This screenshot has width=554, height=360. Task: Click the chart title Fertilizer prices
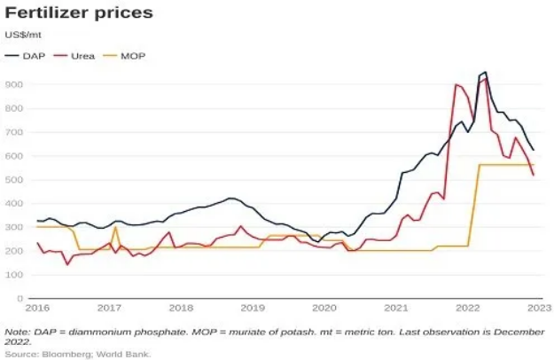coord(79,14)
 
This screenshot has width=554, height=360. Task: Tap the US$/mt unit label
coord(23,35)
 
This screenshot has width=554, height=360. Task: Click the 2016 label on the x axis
coord(38,309)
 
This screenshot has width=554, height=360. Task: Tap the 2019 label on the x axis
coord(253,309)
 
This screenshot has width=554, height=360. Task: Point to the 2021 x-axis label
coord(396,309)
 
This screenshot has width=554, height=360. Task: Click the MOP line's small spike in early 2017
coord(115,227)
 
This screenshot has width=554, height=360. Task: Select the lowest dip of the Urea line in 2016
coord(67,264)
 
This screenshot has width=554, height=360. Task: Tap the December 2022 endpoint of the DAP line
coord(534,150)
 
